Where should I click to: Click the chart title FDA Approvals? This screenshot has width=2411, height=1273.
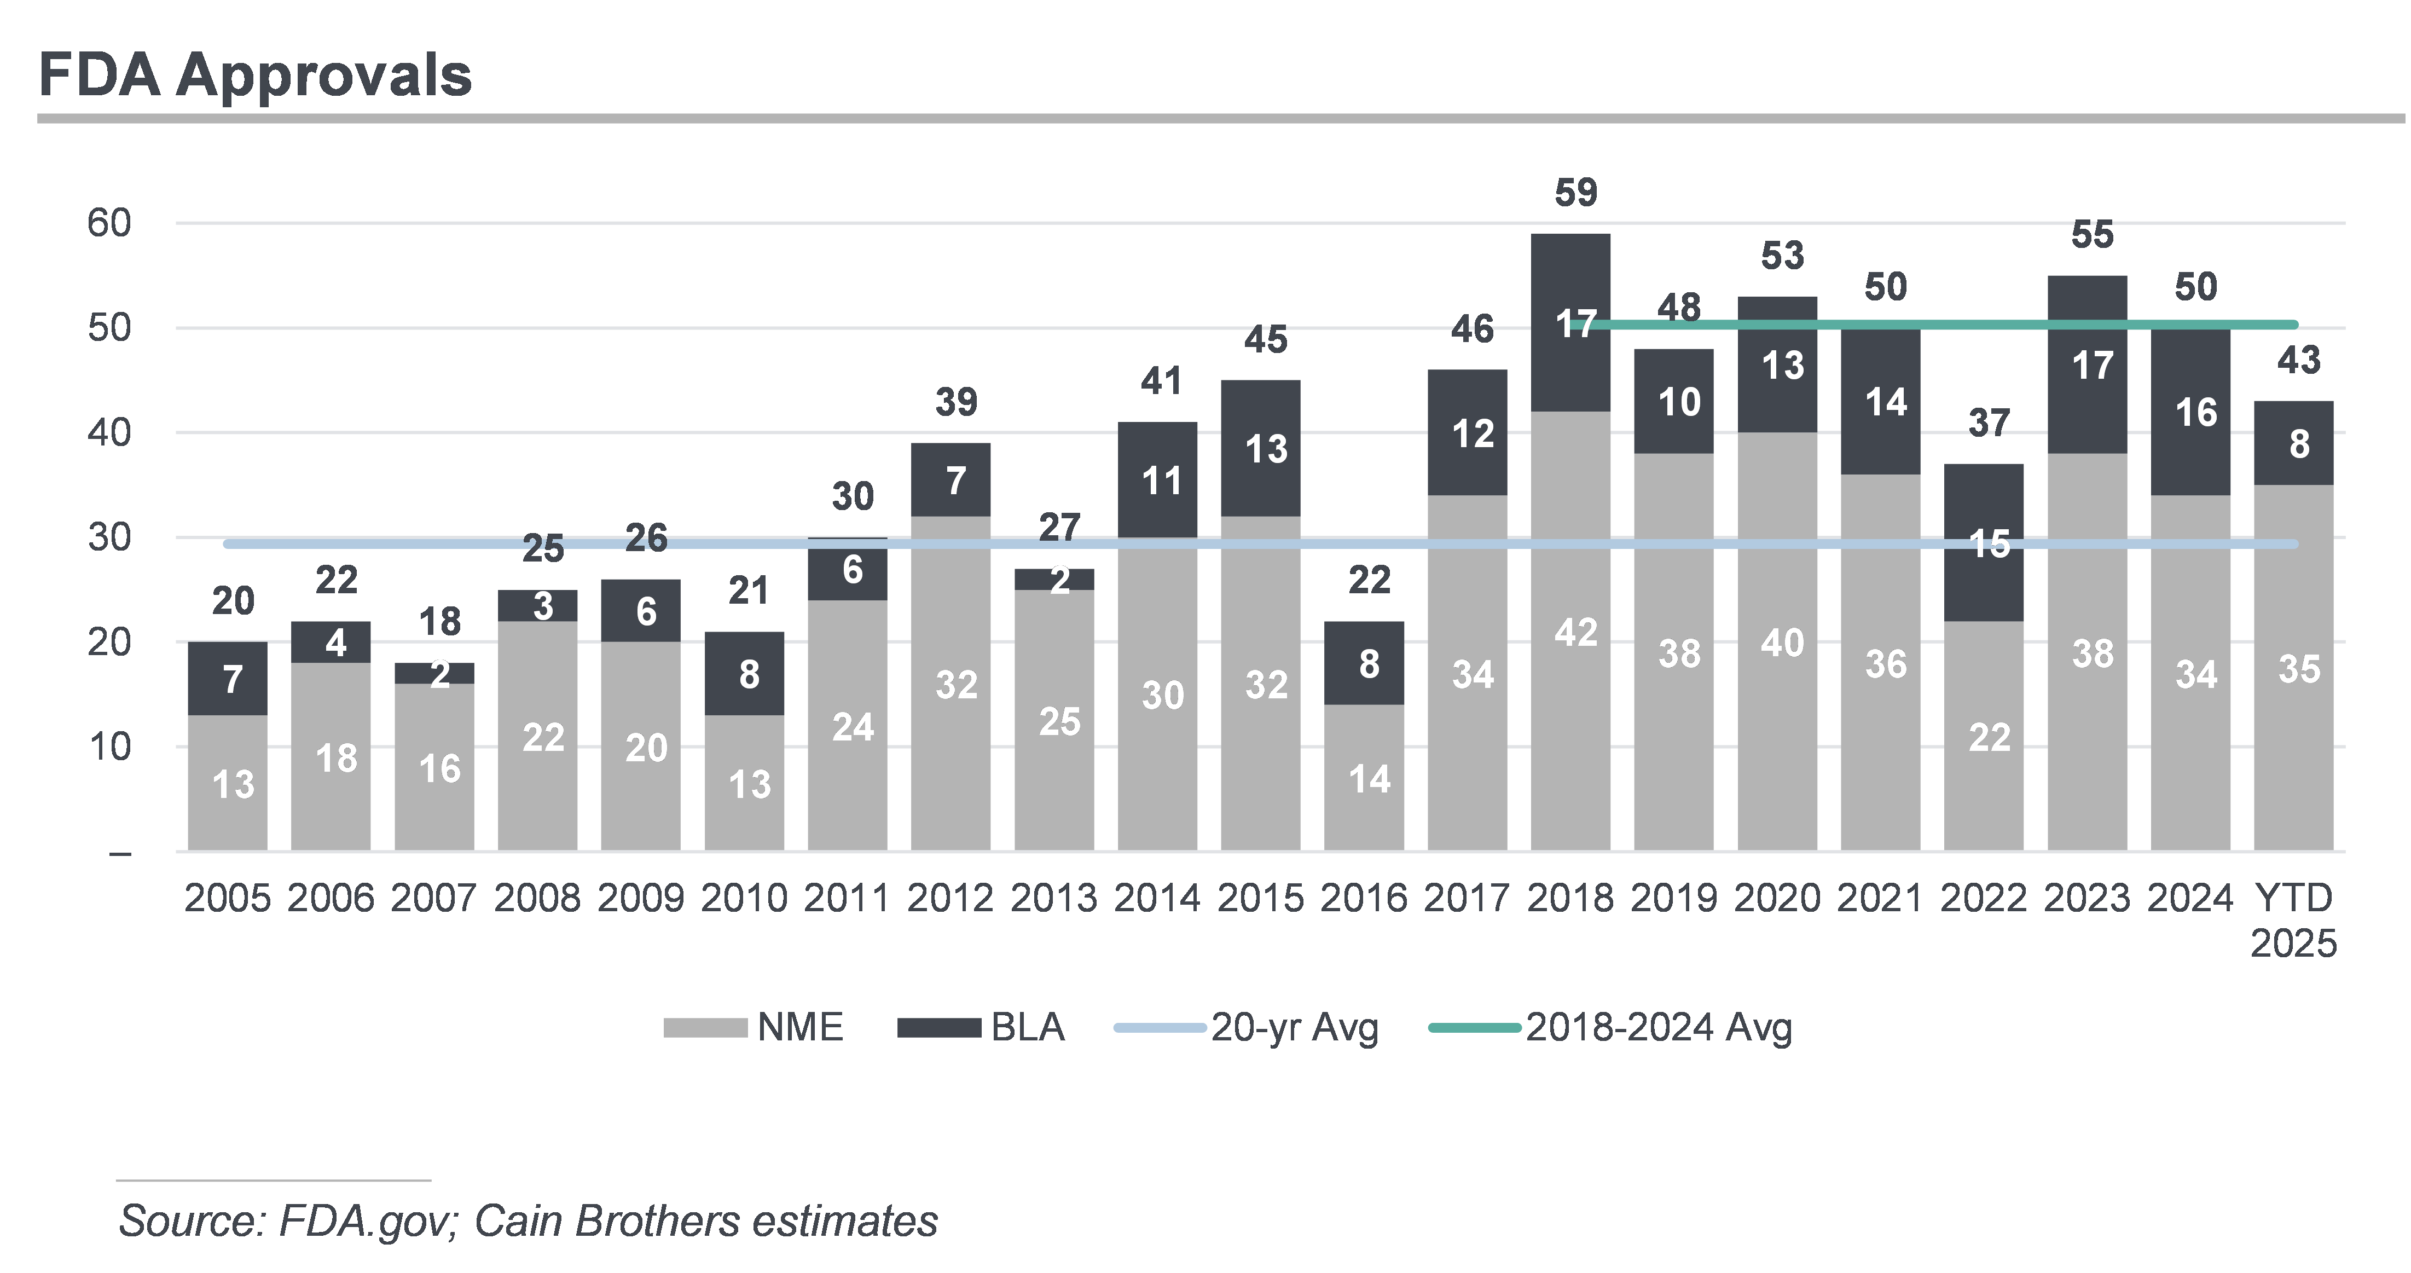(x=254, y=75)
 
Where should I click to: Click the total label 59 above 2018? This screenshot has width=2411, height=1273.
(x=1576, y=193)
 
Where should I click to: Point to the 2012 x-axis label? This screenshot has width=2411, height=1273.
(x=950, y=899)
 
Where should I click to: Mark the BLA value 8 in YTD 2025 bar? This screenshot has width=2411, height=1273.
(x=2299, y=444)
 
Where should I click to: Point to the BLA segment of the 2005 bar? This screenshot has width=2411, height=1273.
(x=228, y=679)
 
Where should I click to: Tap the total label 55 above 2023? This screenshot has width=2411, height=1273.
(x=2093, y=235)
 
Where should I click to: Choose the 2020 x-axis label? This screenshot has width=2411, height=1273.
(x=1777, y=899)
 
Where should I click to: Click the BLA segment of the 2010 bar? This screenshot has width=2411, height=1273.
(x=744, y=674)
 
